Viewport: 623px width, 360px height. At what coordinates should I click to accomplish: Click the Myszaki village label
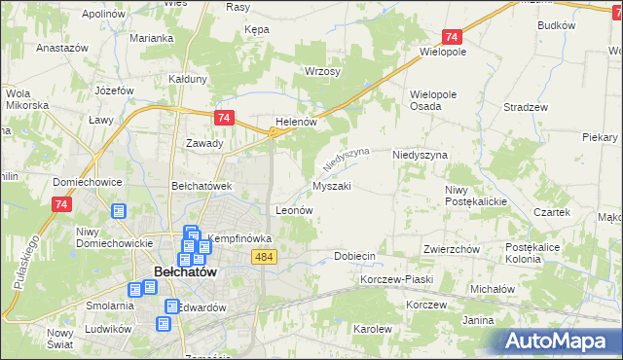pos(332,185)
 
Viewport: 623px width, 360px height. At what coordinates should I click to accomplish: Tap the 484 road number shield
pos(263,256)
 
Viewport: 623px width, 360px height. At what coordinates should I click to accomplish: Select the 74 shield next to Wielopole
pos(449,37)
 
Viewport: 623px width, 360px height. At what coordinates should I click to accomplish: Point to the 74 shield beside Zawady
pos(224,118)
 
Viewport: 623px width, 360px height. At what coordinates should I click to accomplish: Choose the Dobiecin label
pos(354,256)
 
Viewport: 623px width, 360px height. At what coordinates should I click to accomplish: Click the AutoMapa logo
pos(562,341)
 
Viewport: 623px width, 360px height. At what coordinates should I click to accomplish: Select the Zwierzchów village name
pos(452,249)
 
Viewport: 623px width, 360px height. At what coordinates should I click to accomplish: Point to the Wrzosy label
pos(322,73)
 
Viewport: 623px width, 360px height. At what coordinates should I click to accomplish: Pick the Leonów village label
pos(294,209)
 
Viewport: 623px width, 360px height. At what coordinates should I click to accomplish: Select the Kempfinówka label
pos(239,238)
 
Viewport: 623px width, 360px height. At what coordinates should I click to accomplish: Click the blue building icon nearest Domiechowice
pos(119,211)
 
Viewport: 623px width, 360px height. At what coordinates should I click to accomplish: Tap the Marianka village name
pos(151,38)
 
